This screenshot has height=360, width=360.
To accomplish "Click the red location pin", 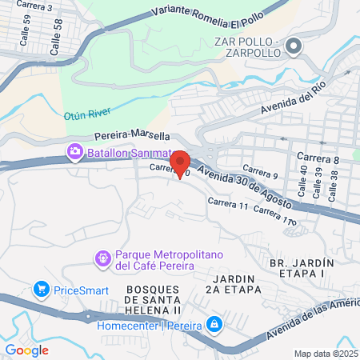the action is click(179, 162).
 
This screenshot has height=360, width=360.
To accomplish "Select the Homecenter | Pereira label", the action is click(149, 325).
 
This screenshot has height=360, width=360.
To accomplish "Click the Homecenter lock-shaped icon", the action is click(214, 324).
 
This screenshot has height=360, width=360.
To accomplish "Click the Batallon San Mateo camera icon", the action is click(74, 150).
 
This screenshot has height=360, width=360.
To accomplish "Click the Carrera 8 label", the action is click(318, 159).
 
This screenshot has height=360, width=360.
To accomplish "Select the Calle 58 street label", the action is click(56, 39).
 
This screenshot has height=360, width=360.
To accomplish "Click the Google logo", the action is click(27, 350).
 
